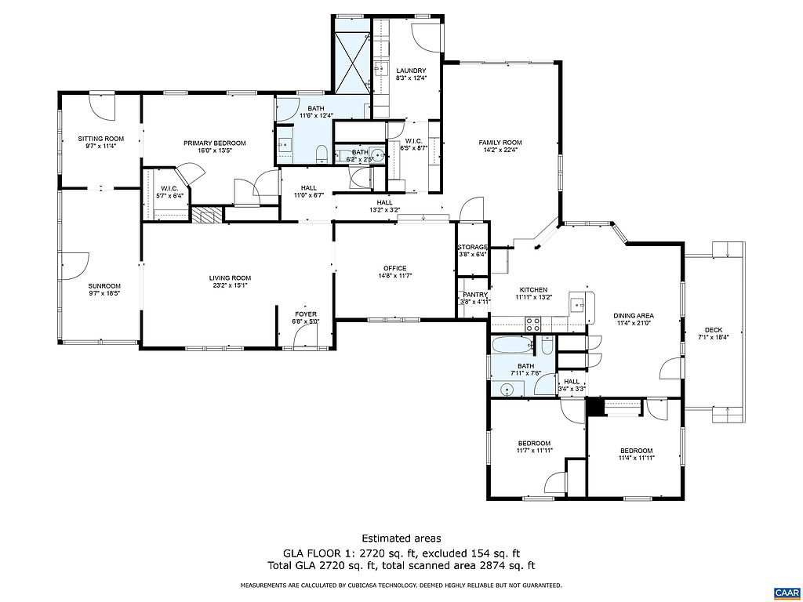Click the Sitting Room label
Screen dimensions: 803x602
click(x=101, y=139)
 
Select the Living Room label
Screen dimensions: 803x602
click(x=230, y=278)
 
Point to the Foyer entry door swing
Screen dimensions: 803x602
click(x=305, y=338)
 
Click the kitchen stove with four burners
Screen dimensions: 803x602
click(x=532, y=323)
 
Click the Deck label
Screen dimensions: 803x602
click(x=714, y=330)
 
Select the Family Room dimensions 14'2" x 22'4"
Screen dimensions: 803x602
click(x=500, y=150)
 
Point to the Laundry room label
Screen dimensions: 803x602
click(x=411, y=71)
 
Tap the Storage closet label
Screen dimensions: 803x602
click(x=472, y=247)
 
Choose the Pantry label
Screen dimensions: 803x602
click(x=474, y=295)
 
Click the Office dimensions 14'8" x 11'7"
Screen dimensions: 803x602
click(x=395, y=275)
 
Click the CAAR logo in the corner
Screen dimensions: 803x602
click(x=787, y=593)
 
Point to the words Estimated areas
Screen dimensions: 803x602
click(x=401, y=538)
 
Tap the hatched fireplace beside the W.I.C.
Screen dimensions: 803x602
click(x=208, y=215)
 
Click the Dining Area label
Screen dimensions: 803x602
click(x=634, y=316)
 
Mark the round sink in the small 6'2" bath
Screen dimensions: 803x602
click(x=377, y=154)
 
